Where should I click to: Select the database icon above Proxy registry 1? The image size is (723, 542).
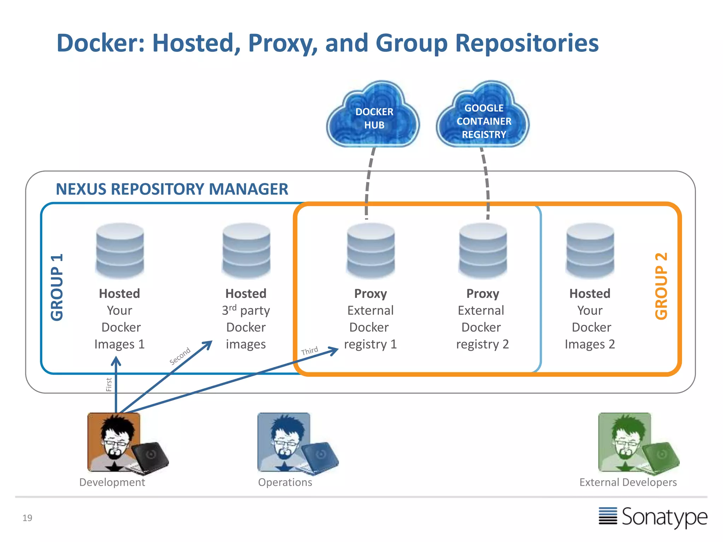click(371, 251)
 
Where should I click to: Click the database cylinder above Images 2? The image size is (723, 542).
click(590, 251)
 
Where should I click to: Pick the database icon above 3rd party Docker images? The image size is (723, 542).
click(246, 251)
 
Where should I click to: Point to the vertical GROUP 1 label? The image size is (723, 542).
click(57, 287)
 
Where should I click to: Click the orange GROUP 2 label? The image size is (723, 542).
click(661, 286)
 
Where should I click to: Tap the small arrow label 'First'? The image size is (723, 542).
click(109, 385)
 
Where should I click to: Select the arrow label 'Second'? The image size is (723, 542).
click(180, 356)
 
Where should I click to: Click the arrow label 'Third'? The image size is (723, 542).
click(309, 351)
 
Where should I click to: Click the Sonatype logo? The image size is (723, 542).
click(653, 517)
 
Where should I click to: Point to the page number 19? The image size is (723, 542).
click(27, 518)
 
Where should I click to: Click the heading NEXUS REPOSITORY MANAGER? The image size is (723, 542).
click(172, 189)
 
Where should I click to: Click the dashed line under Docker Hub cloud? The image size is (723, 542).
click(368, 183)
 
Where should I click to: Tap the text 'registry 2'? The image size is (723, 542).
click(482, 344)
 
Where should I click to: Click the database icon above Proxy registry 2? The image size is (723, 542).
click(483, 251)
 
